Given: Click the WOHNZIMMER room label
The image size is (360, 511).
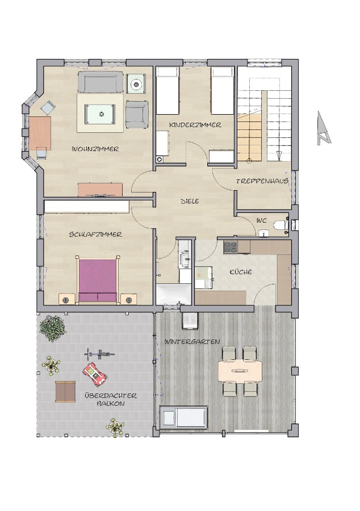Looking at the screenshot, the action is [95, 149].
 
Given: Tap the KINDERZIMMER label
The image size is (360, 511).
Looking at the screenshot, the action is [195, 125].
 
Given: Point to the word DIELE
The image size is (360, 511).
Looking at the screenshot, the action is [190, 202].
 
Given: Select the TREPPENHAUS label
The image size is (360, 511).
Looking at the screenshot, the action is [262, 181].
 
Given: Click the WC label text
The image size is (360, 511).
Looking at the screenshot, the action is [261, 220].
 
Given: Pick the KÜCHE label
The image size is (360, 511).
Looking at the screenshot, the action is [241, 271].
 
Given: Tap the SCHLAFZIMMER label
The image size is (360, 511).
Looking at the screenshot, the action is [95, 234].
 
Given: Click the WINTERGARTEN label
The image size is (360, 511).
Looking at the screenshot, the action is [192, 342].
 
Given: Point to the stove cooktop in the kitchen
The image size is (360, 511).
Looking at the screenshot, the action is [231, 247].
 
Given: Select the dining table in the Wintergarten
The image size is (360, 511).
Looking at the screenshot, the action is [240, 371].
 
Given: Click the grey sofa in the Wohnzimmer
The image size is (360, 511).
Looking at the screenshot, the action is [101, 82].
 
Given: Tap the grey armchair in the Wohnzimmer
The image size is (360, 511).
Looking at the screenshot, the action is [137, 114].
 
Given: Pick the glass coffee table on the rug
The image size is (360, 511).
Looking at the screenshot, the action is [101, 114].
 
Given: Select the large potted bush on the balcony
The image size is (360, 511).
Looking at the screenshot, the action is [53, 328].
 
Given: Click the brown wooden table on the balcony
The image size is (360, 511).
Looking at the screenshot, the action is [65, 391].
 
